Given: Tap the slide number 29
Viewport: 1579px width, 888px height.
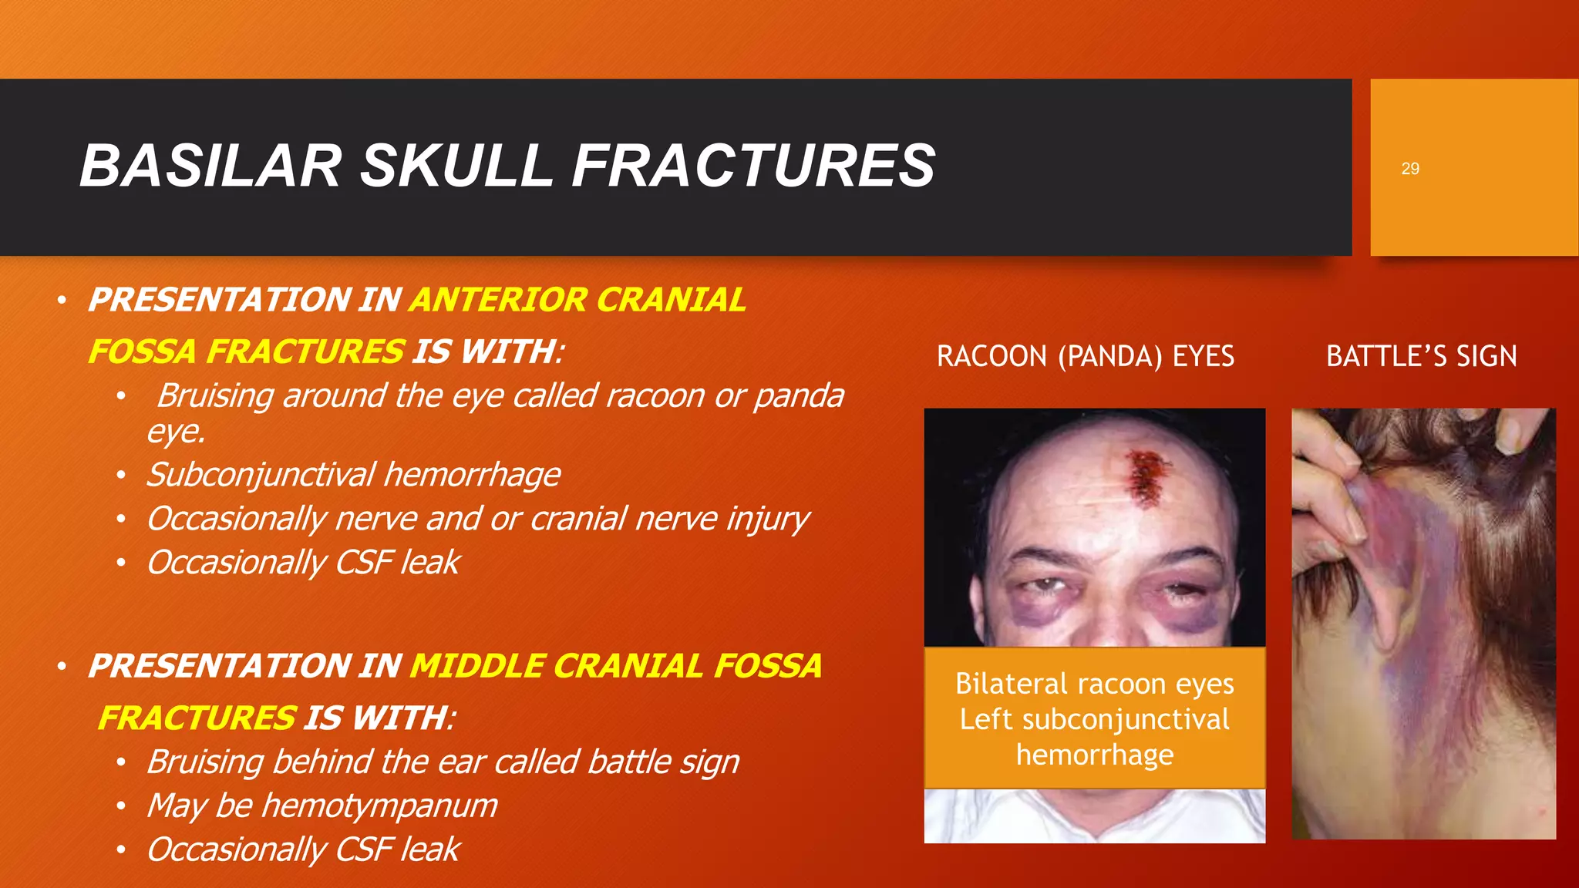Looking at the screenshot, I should tap(1409, 169).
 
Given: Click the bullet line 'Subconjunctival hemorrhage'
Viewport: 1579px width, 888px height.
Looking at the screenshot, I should tap(353, 475).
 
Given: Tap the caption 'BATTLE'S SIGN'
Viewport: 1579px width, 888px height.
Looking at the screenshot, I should tap(1421, 356).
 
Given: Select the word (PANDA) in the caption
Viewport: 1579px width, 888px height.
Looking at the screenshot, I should tap(1109, 356).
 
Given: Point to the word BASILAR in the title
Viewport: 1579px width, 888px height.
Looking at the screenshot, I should tap(210, 166).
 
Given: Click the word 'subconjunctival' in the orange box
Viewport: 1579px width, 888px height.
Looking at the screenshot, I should tap(1126, 719).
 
